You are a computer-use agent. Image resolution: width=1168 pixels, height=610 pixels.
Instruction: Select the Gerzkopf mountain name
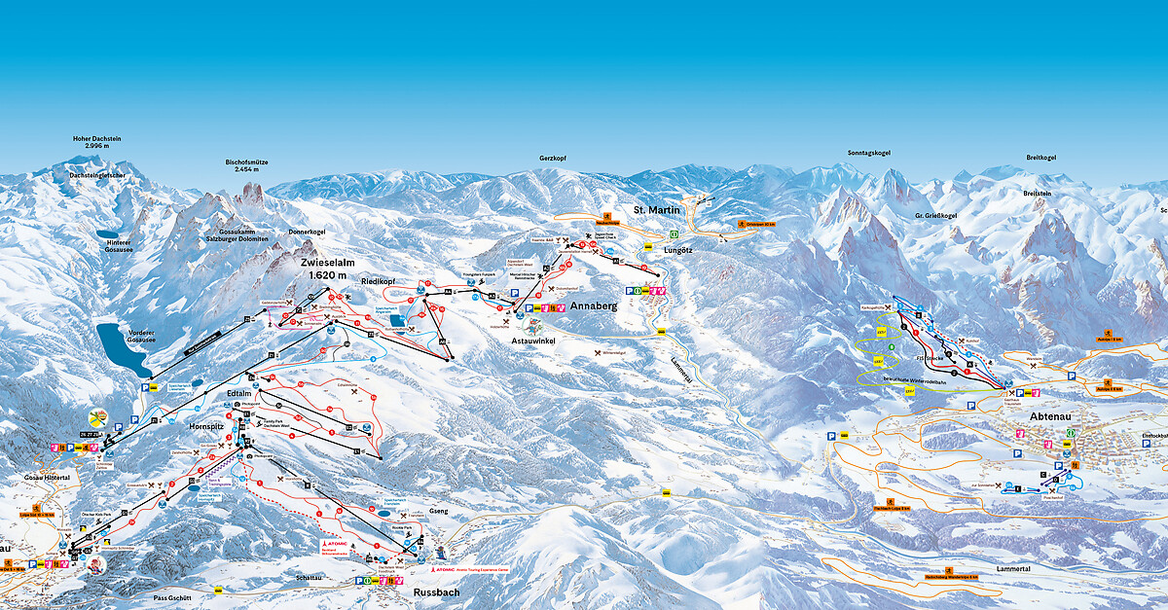point(552,158)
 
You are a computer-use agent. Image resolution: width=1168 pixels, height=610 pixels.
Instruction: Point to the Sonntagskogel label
point(869,153)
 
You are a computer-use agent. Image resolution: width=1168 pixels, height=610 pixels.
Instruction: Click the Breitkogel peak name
point(1040,158)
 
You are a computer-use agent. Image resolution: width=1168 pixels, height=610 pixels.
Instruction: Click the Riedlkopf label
point(381,281)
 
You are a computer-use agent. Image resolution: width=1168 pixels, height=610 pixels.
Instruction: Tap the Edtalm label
point(238,393)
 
